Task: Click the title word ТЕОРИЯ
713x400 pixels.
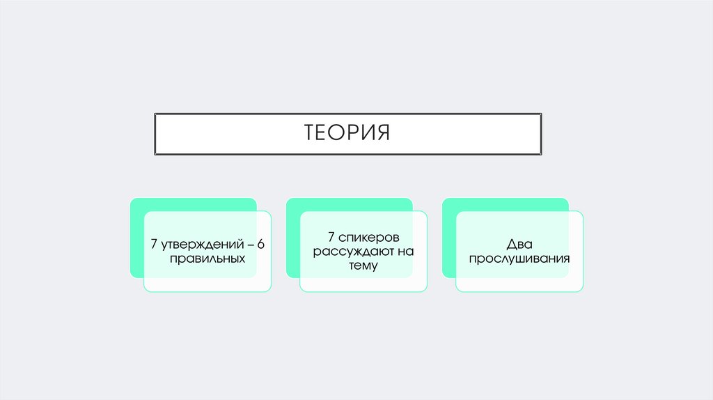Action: point(347,132)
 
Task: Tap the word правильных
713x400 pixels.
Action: point(207,258)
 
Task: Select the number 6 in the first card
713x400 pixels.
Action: point(261,245)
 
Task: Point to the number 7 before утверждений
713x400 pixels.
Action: point(154,245)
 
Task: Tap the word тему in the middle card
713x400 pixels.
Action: point(363,265)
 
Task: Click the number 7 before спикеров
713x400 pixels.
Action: point(331,238)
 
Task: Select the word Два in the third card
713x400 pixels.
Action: point(519,245)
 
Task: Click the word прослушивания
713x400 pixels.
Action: point(519,259)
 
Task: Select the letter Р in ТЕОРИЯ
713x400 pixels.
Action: point(354,132)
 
